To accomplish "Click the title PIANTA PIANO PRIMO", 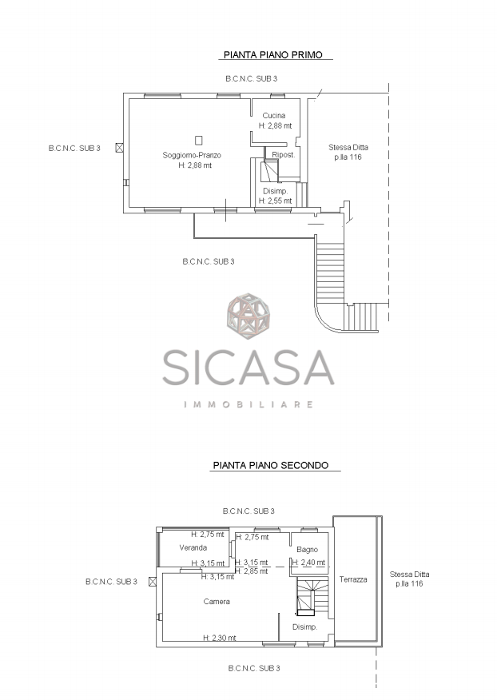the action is [272, 55].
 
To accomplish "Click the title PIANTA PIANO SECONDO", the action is [271, 465].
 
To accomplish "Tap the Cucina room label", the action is [274, 116].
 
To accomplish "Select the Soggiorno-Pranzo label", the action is [192, 155].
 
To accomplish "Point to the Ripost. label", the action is [284, 155].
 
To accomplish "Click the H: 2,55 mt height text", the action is [276, 201].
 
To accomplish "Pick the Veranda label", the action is [193, 547].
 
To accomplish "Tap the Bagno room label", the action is [307, 550].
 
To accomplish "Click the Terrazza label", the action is [353, 579].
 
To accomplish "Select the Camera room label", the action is [217, 602].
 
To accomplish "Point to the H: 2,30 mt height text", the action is [219, 638].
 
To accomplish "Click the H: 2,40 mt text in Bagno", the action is [308, 563].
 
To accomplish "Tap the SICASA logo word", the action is [248, 368].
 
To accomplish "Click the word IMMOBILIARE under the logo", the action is [248, 404].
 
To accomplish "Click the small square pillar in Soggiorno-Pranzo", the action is [199, 140].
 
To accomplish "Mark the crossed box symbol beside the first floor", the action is [119, 148].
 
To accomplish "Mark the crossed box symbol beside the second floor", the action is [153, 581].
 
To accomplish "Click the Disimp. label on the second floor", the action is [304, 627].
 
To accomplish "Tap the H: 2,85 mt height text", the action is [252, 571].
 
